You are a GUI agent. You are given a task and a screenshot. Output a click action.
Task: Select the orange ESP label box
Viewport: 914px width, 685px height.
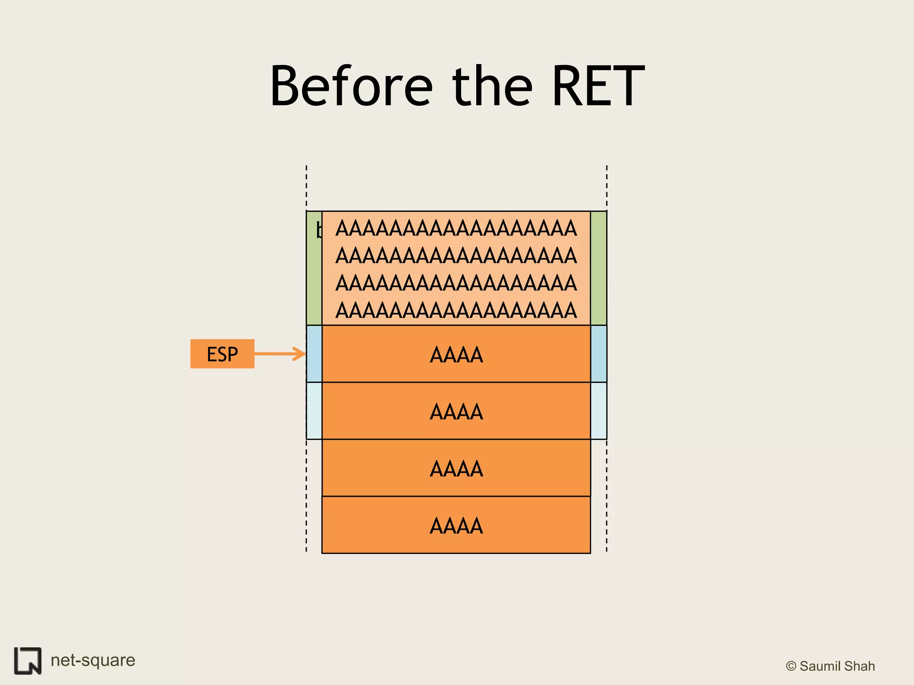pyautogui.click(x=222, y=354)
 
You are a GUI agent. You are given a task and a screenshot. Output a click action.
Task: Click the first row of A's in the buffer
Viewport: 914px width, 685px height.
pyautogui.click(x=456, y=228)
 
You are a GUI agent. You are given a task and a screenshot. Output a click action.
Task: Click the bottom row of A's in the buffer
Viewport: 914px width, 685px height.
pyautogui.click(x=456, y=310)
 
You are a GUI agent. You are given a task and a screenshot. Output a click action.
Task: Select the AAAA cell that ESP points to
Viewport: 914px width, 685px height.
pyautogui.click(x=456, y=355)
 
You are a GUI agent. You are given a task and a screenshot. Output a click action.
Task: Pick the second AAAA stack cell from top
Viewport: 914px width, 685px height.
pyautogui.click(x=456, y=411)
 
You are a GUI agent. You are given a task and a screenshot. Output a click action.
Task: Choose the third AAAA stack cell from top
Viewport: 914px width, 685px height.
pyautogui.click(x=456, y=468)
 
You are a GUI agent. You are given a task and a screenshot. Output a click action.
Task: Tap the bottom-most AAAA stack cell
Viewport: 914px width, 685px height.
pyautogui.click(x=456, y=525)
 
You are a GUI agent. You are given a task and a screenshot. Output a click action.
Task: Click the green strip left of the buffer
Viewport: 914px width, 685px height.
pyautogui.click(x=314, y=276)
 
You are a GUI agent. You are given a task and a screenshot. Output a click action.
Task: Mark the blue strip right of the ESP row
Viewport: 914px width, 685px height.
pyautogui.click(x=598, y=354)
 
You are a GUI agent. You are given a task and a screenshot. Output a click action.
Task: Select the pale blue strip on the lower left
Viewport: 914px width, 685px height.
pyautogui.click(x=314, y=411)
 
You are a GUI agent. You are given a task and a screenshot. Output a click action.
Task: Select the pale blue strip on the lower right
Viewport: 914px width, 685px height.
pyautogui.click(x=598, y=411)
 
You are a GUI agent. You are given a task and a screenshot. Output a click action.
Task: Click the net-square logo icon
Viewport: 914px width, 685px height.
pyautogui.click(x=28, y=660)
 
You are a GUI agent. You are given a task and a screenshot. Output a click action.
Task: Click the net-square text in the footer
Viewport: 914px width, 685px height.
pyautogui.click(x=93, y=660)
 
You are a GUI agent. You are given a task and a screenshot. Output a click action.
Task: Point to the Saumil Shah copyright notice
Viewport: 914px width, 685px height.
pyautogui.click(x=830, y=666)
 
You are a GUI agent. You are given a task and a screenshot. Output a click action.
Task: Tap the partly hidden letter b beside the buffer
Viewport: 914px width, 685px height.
pyautogui.click(x=319, y=230)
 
